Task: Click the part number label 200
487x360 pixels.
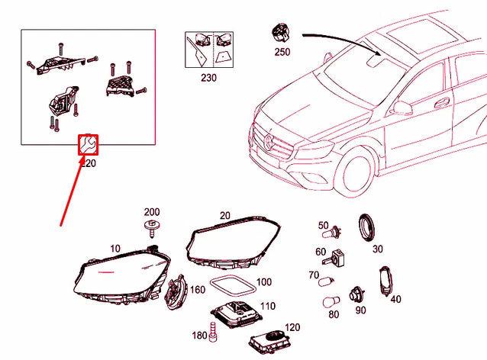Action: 152,211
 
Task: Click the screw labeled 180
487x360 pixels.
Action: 213,335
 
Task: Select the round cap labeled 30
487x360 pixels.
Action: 369,227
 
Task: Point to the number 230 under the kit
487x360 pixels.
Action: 208,77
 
